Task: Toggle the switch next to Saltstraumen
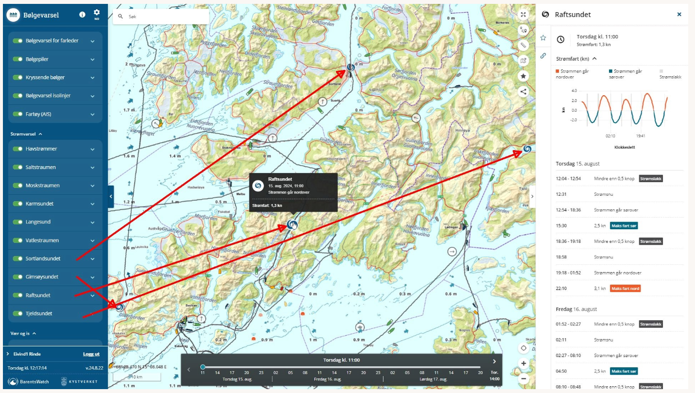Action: click(18, 167)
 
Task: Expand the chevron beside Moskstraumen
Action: click(92, 186)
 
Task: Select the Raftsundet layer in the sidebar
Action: click(38, 295)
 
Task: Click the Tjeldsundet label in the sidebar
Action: click(39, 313)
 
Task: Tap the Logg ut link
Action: click(91, 354)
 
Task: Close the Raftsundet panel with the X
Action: click(679, 15)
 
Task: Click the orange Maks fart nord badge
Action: click(625, 289)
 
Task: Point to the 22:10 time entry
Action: click(562, 289)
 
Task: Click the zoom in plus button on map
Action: click(523, 363)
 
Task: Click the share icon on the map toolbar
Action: click(523, 91)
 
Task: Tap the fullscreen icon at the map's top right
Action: click(523, 15)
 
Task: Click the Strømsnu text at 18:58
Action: click(605, 256)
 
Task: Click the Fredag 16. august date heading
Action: click(576, 309)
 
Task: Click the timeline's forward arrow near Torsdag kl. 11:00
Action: click(494, 361)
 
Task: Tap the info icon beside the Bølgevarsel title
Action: click(83, 15)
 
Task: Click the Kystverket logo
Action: click(79, 382)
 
